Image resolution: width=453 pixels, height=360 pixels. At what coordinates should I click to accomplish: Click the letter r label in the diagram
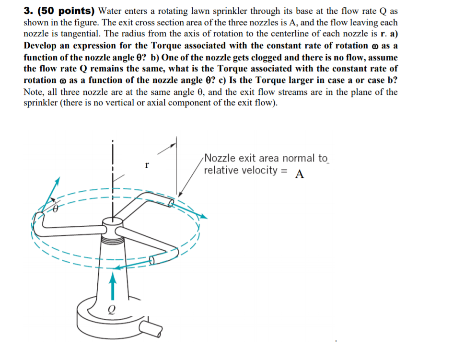tap(148, 165)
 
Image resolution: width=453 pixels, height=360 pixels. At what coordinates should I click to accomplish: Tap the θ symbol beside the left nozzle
tap(55, 209)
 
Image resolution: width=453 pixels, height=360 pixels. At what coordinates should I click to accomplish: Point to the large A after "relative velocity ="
tap(300, 174)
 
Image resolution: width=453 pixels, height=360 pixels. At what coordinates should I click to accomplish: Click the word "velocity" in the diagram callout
tap(257, 170)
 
